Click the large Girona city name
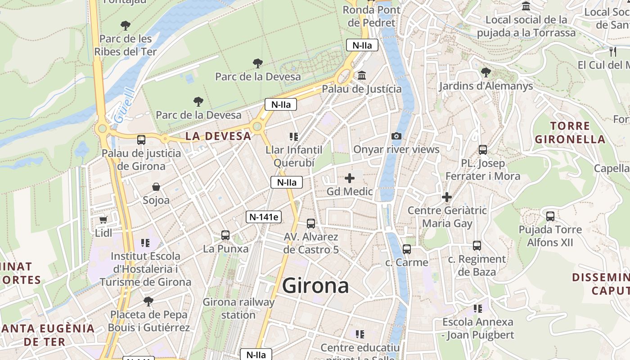[315, 286]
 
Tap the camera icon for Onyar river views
[396, 136]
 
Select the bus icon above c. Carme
[407, 249]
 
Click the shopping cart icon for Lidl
[103, 220]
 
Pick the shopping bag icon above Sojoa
[156, 186]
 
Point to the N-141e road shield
[264, 217]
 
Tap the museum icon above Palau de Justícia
[362, 75]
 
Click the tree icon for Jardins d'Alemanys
[486, 72]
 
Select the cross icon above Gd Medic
[350, 178]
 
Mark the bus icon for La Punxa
[225, 235]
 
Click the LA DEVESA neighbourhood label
[218, 136]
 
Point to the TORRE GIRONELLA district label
[570, 132]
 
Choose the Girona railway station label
[238, 308]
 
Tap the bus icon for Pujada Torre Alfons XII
[550, 216]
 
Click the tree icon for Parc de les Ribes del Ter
[126, 26]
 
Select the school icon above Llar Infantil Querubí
[294, 136]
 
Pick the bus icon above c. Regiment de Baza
[477, 246]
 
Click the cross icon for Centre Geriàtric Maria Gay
[447, 197]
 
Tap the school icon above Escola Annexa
[477, 309]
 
